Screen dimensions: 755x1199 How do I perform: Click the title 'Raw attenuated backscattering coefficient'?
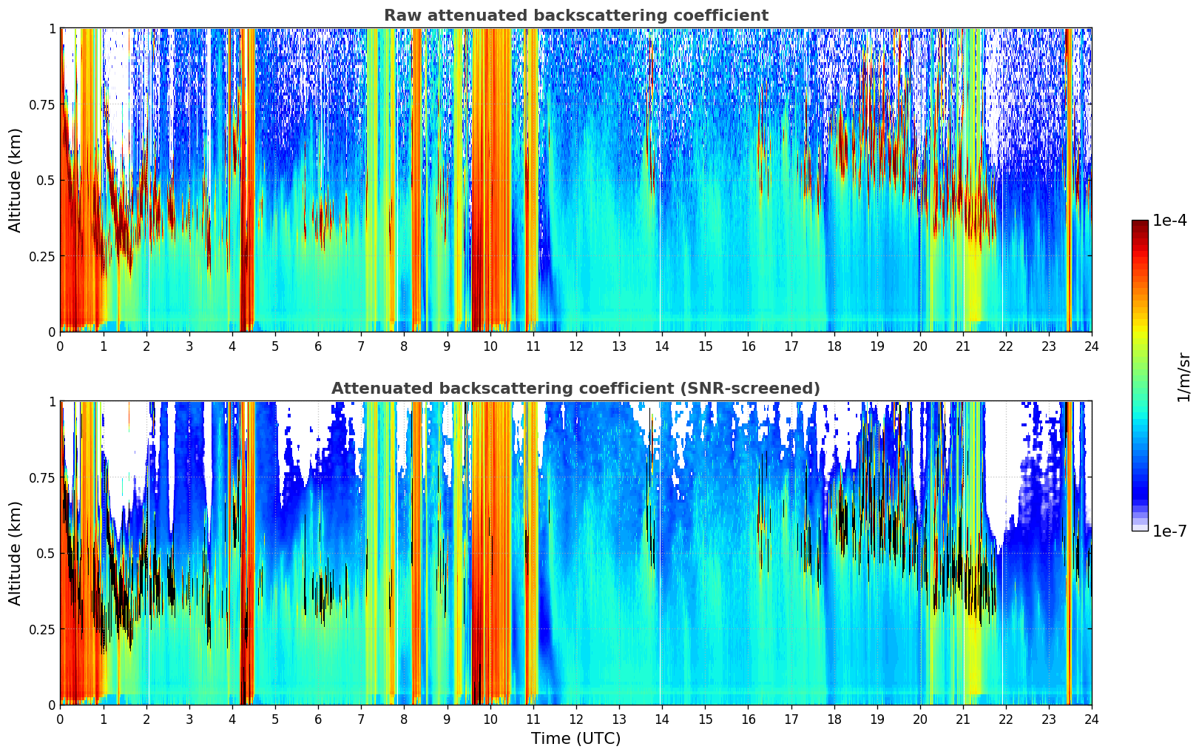click(575, 16)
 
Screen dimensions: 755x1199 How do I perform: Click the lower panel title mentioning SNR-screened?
click(575, 389)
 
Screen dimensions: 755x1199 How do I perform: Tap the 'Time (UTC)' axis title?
click(575, 739)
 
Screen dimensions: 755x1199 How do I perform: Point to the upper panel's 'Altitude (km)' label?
click(16, 180)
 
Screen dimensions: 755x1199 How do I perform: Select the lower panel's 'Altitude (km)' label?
click(16, 553)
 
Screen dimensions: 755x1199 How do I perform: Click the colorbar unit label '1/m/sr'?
click(1183, 377)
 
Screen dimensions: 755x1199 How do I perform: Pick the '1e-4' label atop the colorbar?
click(1169, 221)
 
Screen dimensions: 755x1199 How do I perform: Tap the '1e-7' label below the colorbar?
click(1169, 531)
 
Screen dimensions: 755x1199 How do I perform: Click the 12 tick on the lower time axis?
click(576, 719)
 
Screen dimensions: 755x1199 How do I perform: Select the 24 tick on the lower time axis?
click(1092, 719)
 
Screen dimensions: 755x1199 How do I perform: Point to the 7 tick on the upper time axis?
click(361, 346)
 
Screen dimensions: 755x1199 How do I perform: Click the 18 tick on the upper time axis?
click(834, 346)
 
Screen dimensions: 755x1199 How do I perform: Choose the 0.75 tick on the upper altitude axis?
click(41, 104)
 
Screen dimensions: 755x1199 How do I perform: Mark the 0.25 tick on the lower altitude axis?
click(41, 629)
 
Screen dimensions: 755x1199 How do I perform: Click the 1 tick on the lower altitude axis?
click(52, 402)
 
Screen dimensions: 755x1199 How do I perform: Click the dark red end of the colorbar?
click(1140, 224)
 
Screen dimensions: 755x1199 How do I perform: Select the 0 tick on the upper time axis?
click(60, 346)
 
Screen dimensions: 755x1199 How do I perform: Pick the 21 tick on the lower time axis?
click(963, 719)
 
